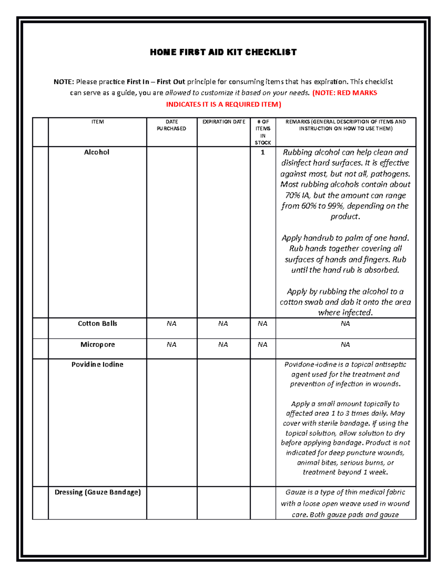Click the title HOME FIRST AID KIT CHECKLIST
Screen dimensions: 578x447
[x=223, y=52]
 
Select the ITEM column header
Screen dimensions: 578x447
[x=98, y=122]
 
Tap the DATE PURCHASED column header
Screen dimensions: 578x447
[x=171, y=125]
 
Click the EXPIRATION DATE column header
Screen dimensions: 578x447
[x=223, y=122]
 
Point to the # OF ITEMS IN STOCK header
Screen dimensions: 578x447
[x=263, y=132]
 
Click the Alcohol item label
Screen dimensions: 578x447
[x=96, y=152]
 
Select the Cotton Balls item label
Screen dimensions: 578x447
[x=97, y=323]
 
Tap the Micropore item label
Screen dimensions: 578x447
[x=98, y=345]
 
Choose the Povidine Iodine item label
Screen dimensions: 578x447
[x=97, y=364]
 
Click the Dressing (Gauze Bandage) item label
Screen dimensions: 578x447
[x=98, y=492]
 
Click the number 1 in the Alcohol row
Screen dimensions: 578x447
[x=263, y=152]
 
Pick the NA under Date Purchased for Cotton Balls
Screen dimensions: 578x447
[x=171, y=324]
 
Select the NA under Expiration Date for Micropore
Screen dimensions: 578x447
[x=223, y=345]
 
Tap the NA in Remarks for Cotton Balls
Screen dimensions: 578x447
[x=345, y=324]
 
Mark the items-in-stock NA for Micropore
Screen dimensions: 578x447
[x=263, y=345]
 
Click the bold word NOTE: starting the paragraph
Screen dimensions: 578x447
[x=64, y=82]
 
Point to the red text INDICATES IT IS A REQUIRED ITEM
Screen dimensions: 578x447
[x=223, y=105]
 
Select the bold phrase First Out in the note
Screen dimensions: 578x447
[x=171, y=82]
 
